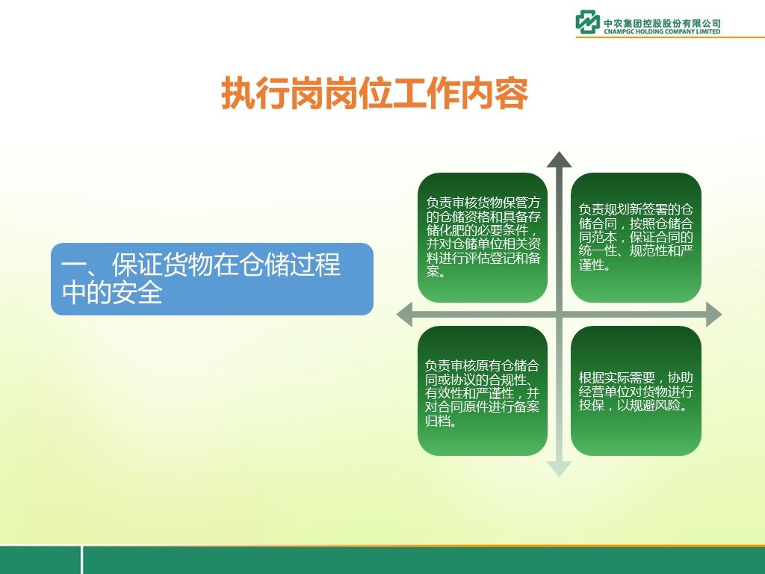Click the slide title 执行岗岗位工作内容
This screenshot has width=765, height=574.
pos(375,93)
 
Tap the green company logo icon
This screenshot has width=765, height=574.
pos(587,22)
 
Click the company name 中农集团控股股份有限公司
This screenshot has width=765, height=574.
pos(662,23)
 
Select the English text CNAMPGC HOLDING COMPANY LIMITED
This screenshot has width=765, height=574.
pos(662,31)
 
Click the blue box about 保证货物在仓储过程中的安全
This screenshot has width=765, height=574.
pos(212,279)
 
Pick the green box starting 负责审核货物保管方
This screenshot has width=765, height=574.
pos(483,238)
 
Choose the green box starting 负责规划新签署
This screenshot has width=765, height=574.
pos(636,238)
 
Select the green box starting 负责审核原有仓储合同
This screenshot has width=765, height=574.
pos(483,391)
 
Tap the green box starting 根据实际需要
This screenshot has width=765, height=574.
pos(636,391)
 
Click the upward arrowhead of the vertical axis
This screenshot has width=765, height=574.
pos(559,160)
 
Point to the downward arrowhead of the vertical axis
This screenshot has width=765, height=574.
pos(559,469)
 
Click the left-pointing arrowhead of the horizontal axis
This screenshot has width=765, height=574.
pos(405,315)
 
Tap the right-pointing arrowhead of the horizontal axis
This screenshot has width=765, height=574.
pos(713,315)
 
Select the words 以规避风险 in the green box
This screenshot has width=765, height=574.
pos(648,405)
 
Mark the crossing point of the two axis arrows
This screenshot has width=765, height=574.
pos(559,315)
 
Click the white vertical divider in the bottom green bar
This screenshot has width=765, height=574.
pos(81,560)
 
